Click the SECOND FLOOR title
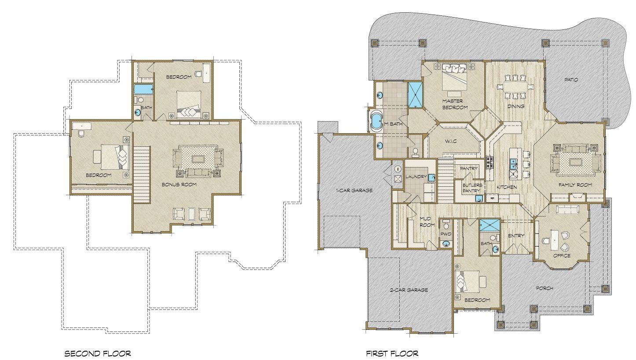pos(98,353)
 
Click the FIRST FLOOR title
pos(392,353)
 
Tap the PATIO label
pos(571,80)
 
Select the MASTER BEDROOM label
pos(455,104)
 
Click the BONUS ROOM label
pos(179,185)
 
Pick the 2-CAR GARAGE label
pos(409,290)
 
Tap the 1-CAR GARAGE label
pos(354,190)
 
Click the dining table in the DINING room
pos(515,86)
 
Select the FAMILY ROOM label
pos(575,185)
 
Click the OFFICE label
pos(562,255)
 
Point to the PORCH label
pos(544,288)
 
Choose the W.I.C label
pos(451,141)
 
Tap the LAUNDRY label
pos(416,177)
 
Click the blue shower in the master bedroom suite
pos(416,95)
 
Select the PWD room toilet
pos(446,225)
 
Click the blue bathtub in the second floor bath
pos(144,90)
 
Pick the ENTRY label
pos(516,236)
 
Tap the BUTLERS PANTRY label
pos(472,188)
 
